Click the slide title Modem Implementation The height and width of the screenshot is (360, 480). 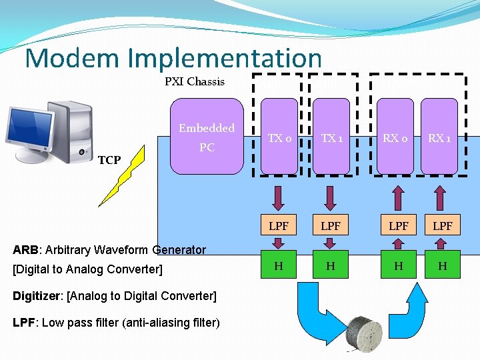click(x=173, y=59)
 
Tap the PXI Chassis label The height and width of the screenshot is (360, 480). click(x=195, y=82)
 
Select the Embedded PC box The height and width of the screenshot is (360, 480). click(x=207, y=137)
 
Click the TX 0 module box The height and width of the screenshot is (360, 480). click(x=279, y=137)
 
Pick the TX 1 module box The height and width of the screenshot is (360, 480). click(x=331, y=137)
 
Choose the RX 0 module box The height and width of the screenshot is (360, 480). click(x=395, y=137)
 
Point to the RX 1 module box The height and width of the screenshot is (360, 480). click(x=439, y=137)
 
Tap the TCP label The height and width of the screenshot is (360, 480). click(x=109, y=160)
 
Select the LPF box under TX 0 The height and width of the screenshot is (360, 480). click(x=279, y=227)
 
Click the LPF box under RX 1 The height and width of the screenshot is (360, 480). click(x=442, y=227)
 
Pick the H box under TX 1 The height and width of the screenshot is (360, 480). click(x=331, y=266)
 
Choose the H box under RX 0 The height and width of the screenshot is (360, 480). click(x=398, y=266)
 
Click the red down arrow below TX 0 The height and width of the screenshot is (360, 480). click(x=279, y=197)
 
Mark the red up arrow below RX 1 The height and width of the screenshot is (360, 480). click(x=440, y=197)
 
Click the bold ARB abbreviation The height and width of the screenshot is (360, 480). click(x=25, y=250)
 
